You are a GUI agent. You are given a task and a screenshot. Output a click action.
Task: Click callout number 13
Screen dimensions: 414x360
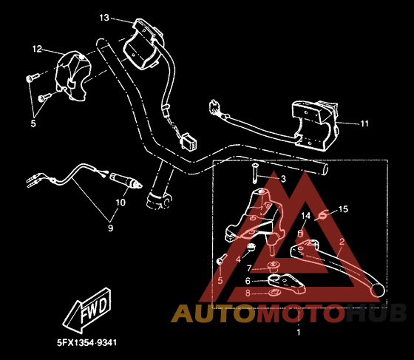click(104, 18)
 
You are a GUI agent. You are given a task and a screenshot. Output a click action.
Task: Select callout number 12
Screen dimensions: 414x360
click(37, 49)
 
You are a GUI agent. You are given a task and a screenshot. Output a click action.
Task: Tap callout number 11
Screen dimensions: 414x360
click(364, 123)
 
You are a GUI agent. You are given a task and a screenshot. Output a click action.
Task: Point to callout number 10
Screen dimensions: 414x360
click(121, 203)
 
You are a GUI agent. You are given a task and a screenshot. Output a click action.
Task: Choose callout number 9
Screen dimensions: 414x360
click(110, 228)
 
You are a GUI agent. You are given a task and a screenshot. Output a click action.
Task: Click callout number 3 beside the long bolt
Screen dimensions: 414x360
click(283, 179)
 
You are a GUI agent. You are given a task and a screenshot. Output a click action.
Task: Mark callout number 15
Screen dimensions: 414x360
click(343, 209)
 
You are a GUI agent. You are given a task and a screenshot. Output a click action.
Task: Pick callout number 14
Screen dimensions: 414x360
click(306, 216)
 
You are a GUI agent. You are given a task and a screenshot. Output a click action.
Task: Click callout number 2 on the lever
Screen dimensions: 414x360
click(342, 242)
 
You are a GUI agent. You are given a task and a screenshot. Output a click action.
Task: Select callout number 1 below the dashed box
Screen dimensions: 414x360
click(299, 332)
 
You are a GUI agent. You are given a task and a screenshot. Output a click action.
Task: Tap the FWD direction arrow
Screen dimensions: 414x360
click(86, 310)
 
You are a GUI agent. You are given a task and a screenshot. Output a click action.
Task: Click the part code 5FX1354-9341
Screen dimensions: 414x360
click(86, 343)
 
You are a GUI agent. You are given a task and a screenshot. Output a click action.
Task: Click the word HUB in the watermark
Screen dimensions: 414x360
click(376, 313)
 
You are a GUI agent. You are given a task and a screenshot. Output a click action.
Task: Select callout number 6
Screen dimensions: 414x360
click(248, 281)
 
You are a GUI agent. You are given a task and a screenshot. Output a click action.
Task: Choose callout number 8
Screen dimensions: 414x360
click(248, 293)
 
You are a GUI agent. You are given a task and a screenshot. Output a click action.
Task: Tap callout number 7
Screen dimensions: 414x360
click(248, 268)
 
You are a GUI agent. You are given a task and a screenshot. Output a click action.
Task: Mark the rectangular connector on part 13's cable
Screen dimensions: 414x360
click(189, 141)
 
